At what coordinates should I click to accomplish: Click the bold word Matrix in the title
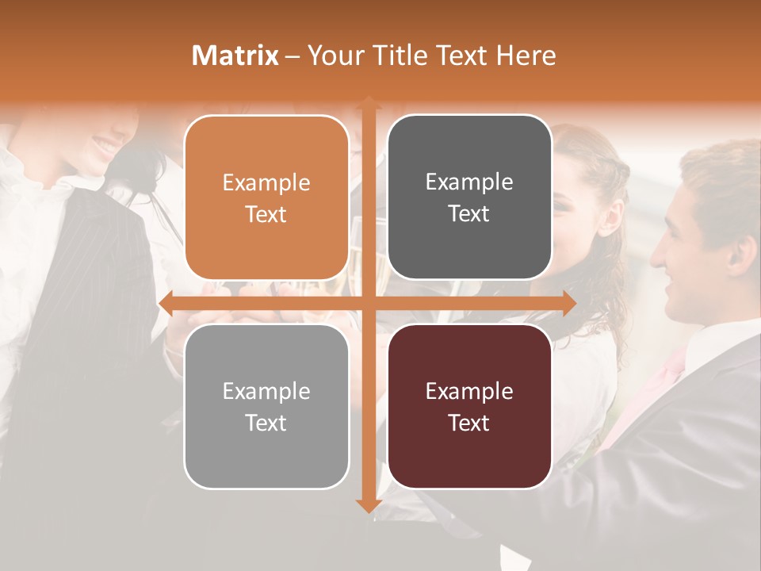235,56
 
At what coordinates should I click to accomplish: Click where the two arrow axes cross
368,303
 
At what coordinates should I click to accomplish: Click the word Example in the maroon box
469,391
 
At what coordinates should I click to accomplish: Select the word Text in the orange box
266,214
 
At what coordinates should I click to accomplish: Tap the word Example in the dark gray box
469,182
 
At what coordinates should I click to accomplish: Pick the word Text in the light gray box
266,423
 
